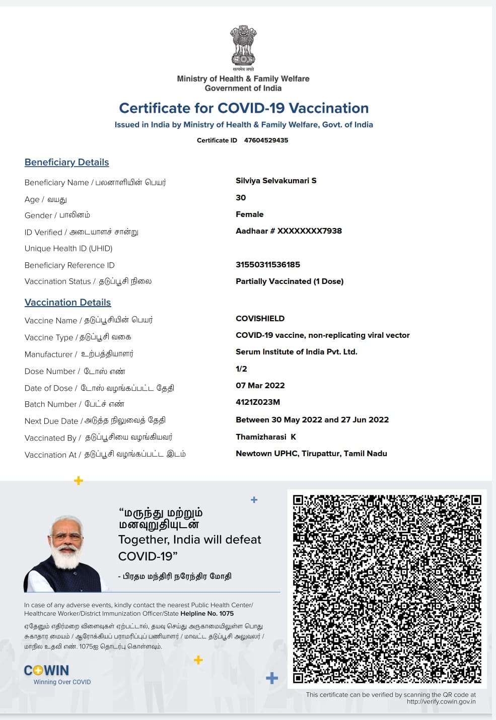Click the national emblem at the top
coord(243,46)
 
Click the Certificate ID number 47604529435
coord(266,140)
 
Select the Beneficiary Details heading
coord(67,162)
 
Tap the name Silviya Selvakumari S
coord(276,181)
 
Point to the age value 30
coord(241,198)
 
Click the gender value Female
coord(249,214)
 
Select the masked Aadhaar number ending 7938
coord(289,231)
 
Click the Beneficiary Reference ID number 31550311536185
coord(268,265)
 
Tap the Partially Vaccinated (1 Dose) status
coord(290,281)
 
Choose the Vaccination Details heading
coord(68,302)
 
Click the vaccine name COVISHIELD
coord(260,319)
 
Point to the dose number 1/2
coord(241,369)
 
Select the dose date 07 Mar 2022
coord(260,386)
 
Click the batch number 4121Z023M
coord(258,402)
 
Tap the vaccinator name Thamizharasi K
coord(266,437)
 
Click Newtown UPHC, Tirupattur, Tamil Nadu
coord(311,454)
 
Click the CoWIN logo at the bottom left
coord(47,671)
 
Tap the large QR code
coord(387,589)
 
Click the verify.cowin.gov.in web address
coord(441,701)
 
